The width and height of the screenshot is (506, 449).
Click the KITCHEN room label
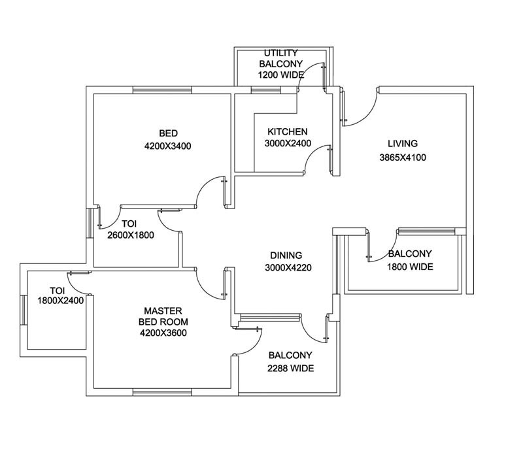(288, 131)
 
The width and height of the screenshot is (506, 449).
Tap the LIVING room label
(402, 144)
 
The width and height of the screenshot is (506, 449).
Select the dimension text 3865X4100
(402, 158)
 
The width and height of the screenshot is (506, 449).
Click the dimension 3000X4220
(288, 268)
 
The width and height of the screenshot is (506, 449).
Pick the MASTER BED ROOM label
(163, 316)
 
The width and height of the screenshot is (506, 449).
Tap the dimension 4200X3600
(163, 333)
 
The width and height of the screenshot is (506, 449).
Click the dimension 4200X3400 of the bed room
(167, 146)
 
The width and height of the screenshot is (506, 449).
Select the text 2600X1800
(131, 235)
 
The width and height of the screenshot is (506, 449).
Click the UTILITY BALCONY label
(281, 58)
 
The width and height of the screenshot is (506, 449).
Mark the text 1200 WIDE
(281, 75)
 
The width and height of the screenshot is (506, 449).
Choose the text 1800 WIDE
(410, 267)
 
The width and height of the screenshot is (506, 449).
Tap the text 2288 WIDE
(291, 369)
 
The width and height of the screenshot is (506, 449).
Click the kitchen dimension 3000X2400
(288, 144)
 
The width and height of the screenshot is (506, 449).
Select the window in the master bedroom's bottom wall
(162, 392)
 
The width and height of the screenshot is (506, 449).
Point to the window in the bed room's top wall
(162, 90)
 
